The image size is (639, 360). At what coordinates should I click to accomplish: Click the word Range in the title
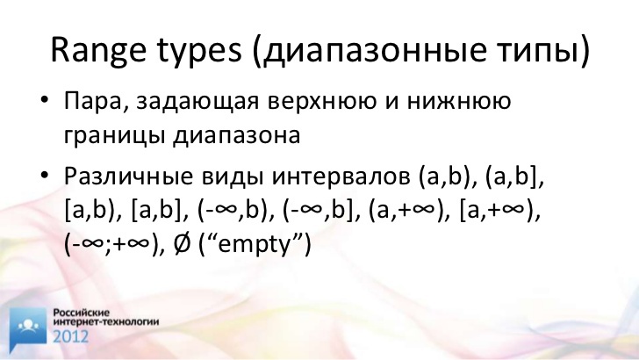[97, 51]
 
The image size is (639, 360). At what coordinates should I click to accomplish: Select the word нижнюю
[458, 101]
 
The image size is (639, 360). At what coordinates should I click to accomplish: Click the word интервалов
[341, 177]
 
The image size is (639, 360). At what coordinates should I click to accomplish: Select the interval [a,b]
[156, 212]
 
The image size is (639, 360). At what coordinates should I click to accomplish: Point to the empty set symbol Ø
[182, 244]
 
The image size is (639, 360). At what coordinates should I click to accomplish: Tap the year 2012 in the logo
[71, 337]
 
